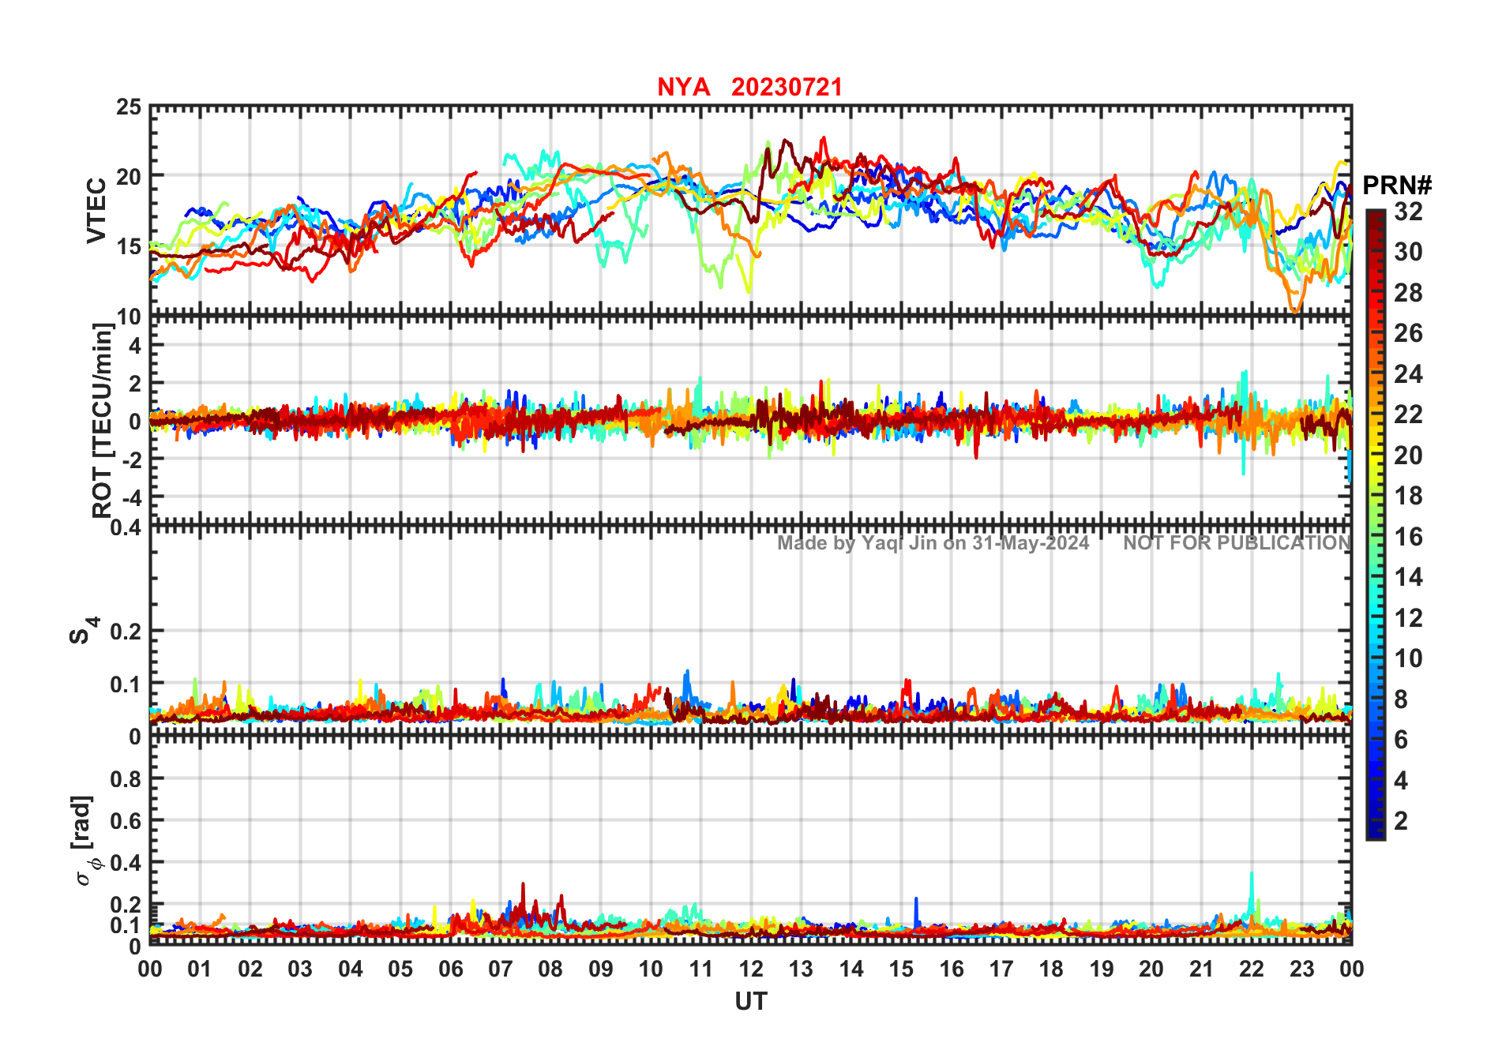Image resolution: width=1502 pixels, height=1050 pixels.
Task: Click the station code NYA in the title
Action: pyautogui.click(x=683, y=87)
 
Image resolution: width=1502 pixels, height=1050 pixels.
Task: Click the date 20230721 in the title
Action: pyautogui.click(x=787, y=87)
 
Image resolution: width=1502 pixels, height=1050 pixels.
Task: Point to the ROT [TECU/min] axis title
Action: pyautogui.click(x=102, y=420)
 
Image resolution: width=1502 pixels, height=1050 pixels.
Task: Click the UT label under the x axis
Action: pyautogui.click(x=750, y=1002)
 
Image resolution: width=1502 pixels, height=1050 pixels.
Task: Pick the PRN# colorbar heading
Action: pyautogui.click(x=1397, y=186)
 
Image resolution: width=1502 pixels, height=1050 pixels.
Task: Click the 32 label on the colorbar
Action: pyautogui.click(x=1408, y=212)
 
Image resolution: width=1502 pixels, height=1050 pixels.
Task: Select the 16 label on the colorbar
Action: pyautogui.click(x=1408, y=537)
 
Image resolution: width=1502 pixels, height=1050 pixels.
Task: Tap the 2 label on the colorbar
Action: pyautogui.click(x=1401, y=821)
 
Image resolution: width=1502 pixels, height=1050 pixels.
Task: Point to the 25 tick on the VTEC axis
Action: pyautogui.click(x=129, y=107)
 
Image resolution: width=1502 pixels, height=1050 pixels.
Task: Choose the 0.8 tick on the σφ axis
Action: pyautogui.click(x=126, y=779)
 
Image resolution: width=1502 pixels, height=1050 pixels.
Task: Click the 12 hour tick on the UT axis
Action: pyautogui.click(x=751, y=969)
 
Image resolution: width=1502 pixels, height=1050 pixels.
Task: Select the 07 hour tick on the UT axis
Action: pyautogui.click(x=501, y=969)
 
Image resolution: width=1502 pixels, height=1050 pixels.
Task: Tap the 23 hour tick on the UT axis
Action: pyautogui.click(x=1301, y=969)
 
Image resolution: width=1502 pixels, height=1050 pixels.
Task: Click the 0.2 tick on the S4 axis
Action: pyautogui.click(x=126, y=632)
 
